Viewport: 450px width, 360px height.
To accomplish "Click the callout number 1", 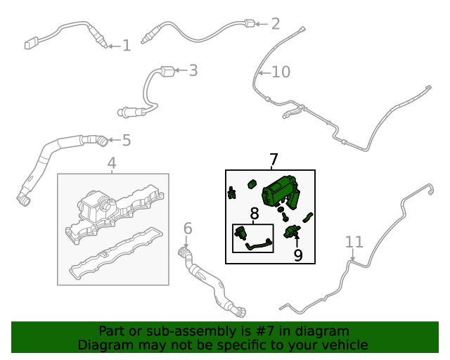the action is (127, 46).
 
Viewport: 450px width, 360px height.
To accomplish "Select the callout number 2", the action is (276, 24).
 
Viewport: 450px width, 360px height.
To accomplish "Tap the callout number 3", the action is (193, 70).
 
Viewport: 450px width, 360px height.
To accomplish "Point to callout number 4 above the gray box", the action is (112, 163).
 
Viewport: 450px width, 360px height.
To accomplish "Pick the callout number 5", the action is (127, 141).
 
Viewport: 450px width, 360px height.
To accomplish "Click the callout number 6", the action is (188, 229).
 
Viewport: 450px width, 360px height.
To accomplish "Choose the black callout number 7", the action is (274, 160).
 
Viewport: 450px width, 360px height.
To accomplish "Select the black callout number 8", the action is (255, 214).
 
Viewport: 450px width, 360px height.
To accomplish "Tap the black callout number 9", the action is (298, 255).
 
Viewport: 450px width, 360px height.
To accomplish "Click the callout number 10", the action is (281, 72).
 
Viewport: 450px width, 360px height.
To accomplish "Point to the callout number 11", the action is (354, 242).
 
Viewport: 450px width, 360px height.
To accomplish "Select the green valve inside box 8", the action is (240, 232).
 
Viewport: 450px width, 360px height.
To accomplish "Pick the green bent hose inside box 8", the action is (258, 245).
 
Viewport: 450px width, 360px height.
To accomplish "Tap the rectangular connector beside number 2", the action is (250, 23).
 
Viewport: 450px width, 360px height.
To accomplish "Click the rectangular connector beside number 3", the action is (168, 71).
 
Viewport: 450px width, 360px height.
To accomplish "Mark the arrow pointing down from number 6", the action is (186, 242).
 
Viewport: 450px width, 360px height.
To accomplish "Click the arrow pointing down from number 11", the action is (353, 255).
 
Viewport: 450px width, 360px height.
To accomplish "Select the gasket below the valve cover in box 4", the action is (116, 254).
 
